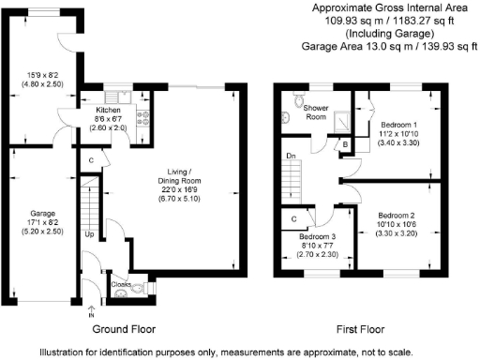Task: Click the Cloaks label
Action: click(x=121, y=283)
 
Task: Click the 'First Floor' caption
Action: click(x=362, y=329)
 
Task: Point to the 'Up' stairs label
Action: click(x=89, y=234)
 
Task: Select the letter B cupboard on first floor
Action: click(x=347, y=144)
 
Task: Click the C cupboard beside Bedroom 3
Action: click(x=294, y=220)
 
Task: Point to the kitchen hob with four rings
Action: click(x=143, y=118)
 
